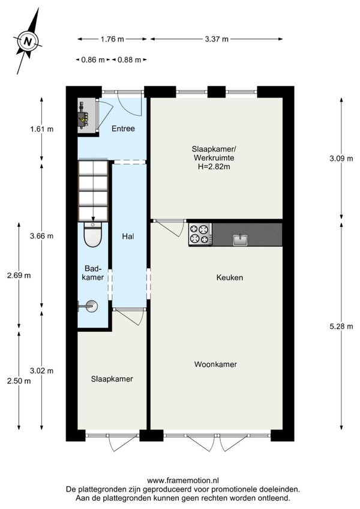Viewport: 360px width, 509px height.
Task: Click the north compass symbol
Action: pyautogui.click(x=28, y=41)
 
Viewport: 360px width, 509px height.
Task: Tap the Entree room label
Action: pyautogui.click(x=123, y=128)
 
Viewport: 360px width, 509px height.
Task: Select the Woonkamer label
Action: pyautogui.click(x=215, y=364)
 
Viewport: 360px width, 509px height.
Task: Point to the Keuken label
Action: pyautogui.click(x=230, y=277)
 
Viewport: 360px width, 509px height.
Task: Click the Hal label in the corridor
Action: pyautogui.click(x=128, y=236)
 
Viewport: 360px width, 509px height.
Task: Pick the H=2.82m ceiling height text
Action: pyautogui.click(x=214, y=167)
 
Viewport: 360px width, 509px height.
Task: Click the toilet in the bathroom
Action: pyautogui.click(x=93, y=234)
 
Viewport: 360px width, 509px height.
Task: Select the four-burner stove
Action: pyautogui.click(x=200, y=234)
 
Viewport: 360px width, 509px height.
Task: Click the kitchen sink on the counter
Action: pyautogui.click(x=240, y=239)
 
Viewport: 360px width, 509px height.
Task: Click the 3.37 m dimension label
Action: pyautogui.click(x=217, y=39)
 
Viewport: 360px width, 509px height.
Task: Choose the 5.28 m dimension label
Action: pyautogui.click(x=341, y=327)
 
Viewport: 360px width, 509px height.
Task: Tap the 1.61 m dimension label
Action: pyautogui.click(x=41, y=129)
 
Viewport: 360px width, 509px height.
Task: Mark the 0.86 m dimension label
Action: pyautogui.click(x=93, y=60)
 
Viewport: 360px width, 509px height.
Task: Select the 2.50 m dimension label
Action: pyautogui.click(x=19, y=381)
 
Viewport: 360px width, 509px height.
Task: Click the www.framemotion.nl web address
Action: pyautogui.click(x=183, y=480)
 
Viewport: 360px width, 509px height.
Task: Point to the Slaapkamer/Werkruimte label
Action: pyautogui.click(x=214, y=154)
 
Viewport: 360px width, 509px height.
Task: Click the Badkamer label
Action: pyautogui.click(x=93, y=273)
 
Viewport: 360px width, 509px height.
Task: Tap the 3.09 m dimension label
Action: pyautogui.click(x=341, y=158)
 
